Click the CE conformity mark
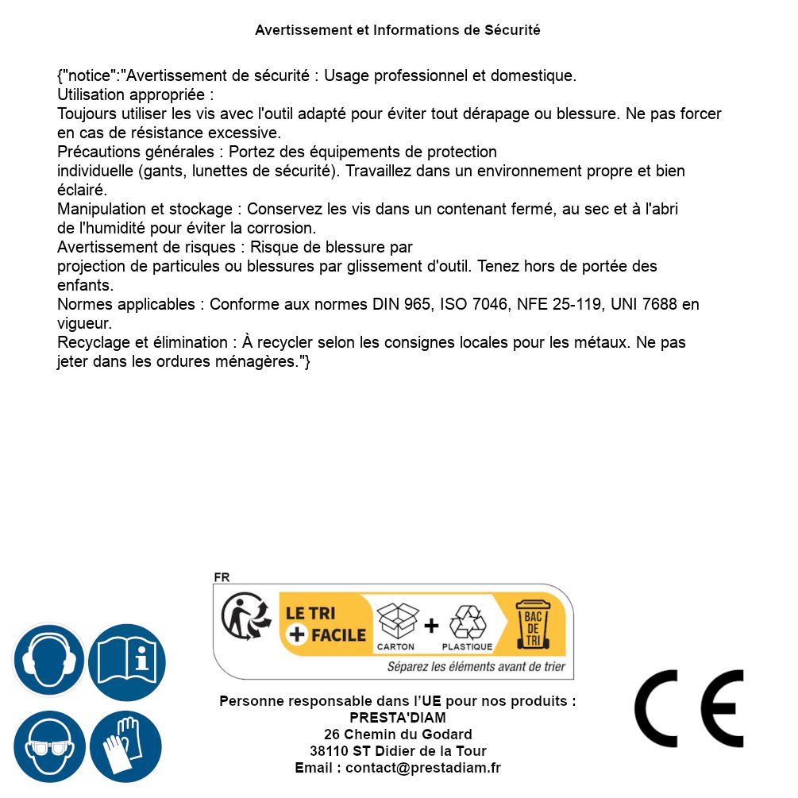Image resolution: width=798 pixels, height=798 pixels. pyautogui.click(x=689, y=708)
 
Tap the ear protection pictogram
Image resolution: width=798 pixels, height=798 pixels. pyautogui.click(x=48, y=661)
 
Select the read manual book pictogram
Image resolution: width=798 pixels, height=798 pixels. pyautogui.click(x=127, y=661)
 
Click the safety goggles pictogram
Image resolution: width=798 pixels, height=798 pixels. pyautogui.click(x=48, y=747)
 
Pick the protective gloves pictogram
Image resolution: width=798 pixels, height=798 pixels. pyautogui.click(x=125, y=747)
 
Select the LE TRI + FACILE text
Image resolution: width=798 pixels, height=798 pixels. pyautogui.click(x=326, y=624)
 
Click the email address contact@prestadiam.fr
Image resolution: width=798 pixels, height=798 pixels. pyautogui.click(x=422, y=768)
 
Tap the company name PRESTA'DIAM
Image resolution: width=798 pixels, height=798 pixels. pyautogui.click(x=398, y=718)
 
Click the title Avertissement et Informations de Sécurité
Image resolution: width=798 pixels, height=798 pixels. pyautogui.click(x=397, y=30)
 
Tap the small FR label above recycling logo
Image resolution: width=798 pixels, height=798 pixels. pyautogui.click(x=222, y=577)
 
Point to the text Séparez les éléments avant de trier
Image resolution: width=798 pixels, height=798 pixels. pyautogui.click(x=476, y=667)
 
